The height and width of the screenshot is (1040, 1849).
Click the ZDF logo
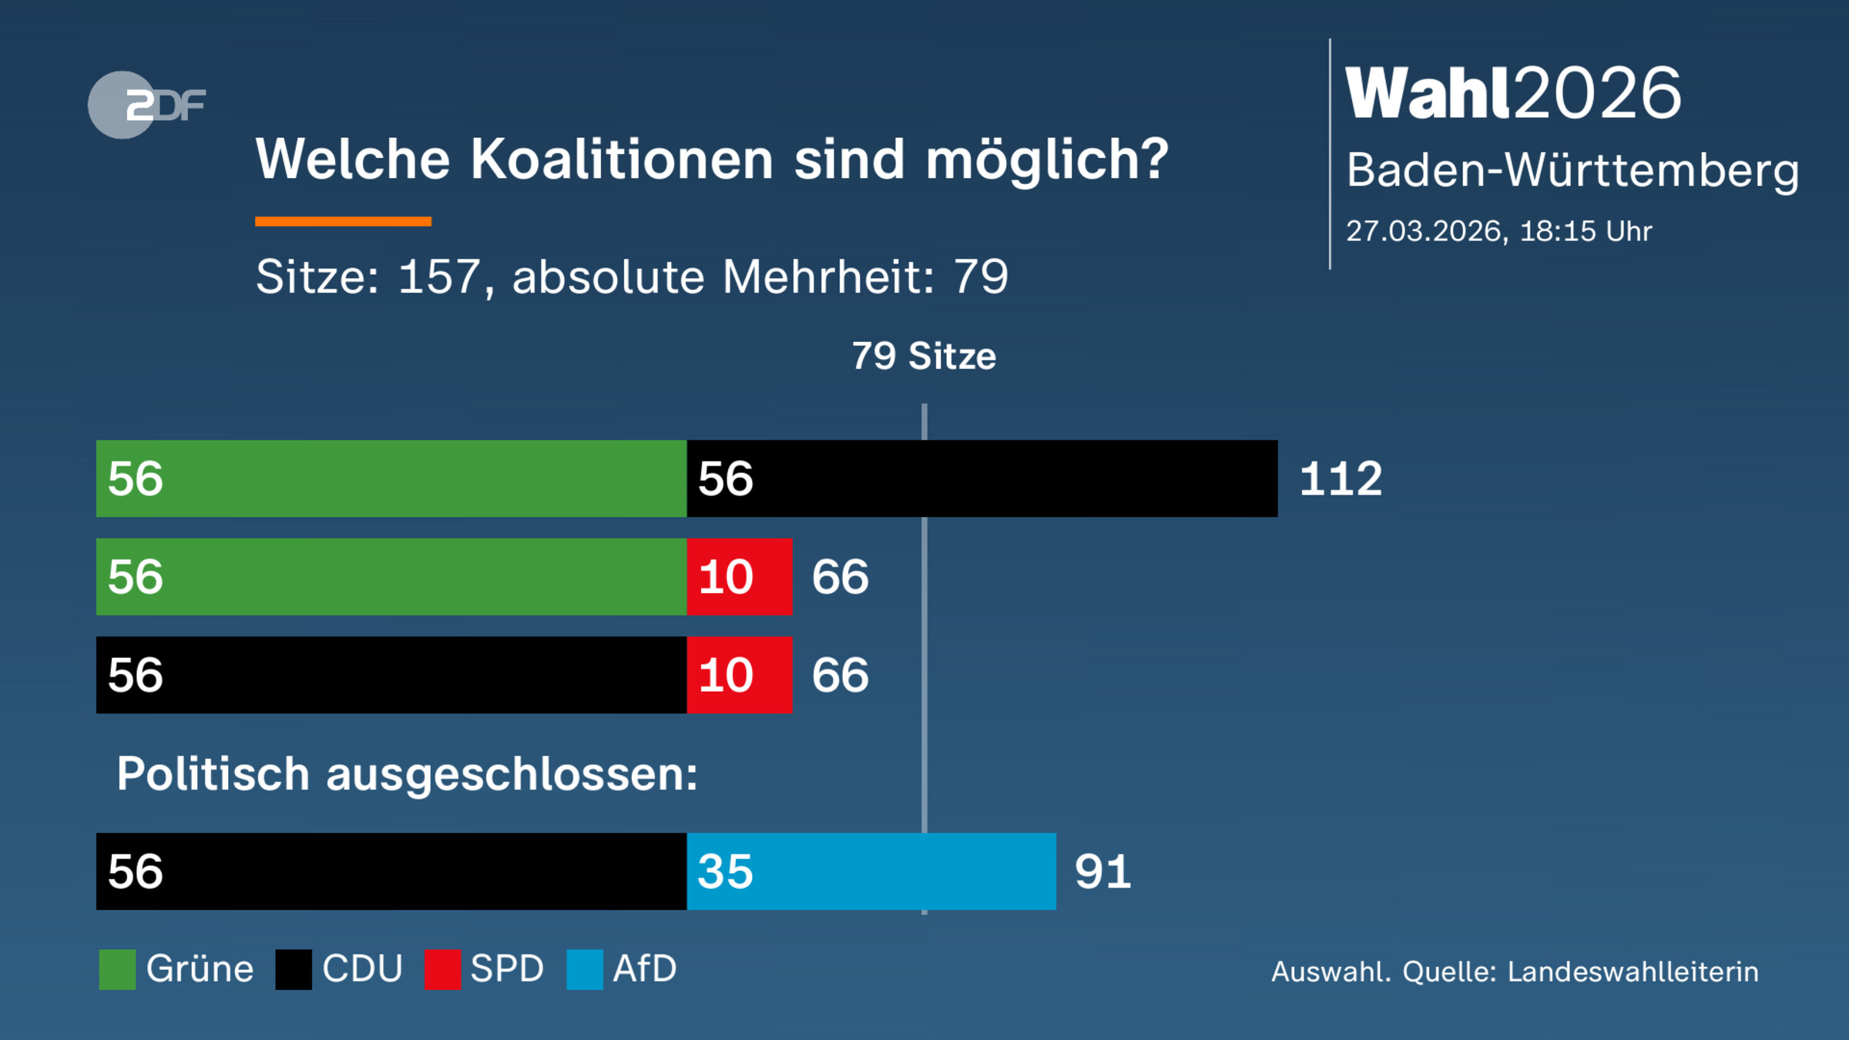(146, 105)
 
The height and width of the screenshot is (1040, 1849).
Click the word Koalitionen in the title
(622, 159)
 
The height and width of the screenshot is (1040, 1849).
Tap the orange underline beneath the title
(343, 222)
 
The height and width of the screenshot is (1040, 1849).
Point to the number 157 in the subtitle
(439, 277)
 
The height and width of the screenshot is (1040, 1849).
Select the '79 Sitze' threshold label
(923, 356)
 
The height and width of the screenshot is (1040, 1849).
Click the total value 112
(1341, 478)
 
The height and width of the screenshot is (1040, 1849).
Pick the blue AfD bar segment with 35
(871, 871)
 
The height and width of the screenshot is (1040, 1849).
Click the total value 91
(1102, 872)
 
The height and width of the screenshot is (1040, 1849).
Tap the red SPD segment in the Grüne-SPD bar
(739, 577)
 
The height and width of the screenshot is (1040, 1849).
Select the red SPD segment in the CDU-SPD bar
(739, 675)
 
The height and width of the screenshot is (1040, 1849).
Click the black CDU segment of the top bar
(982, 478)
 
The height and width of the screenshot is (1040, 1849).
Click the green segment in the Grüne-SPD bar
(391, 577)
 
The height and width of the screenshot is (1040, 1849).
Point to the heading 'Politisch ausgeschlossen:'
(407, 773)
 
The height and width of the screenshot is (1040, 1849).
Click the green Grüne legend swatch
(117, 969)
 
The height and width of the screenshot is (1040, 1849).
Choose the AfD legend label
(644, 968)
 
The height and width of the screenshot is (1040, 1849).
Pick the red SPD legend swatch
(442, 969)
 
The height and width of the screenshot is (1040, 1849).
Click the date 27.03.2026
(1424, 231)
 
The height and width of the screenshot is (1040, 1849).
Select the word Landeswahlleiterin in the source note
(1633, 971)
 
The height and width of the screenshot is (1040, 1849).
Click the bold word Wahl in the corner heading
(1427, 93)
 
